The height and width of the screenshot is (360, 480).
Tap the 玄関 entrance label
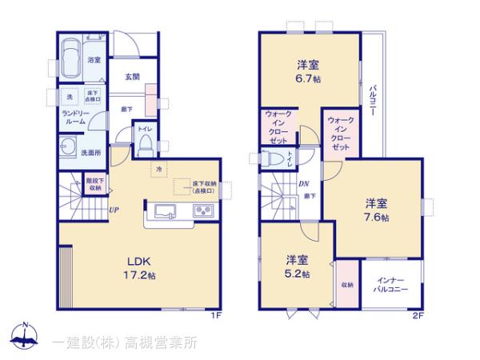pos(133,77)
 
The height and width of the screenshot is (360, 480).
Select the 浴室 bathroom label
pos(94,59)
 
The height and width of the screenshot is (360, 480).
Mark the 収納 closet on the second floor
pos(346,284)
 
